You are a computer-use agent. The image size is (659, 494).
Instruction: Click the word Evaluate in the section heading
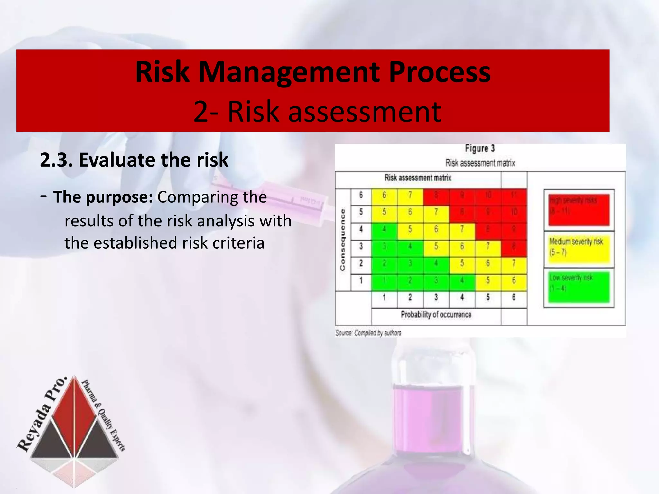117,160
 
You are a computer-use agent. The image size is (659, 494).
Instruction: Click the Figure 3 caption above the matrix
479,149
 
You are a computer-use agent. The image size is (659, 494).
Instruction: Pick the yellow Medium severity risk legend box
579,249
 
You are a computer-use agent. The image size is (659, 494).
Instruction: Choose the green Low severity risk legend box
579,287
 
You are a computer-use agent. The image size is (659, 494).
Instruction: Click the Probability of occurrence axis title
436,315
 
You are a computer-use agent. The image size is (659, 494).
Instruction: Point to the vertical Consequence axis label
343,240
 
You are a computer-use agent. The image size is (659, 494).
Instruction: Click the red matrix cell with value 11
514,195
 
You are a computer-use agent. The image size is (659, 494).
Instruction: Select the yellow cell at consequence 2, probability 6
514,263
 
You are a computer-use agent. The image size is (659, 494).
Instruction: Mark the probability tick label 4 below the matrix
462,297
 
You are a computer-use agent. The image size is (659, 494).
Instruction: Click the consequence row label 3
361,246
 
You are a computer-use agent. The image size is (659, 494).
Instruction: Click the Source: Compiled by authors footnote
368,333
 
